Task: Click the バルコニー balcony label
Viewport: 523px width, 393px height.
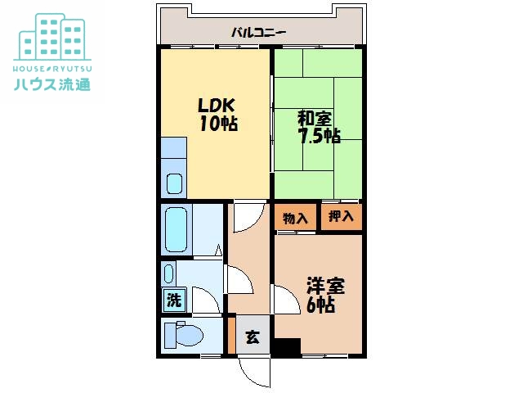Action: [259, 33]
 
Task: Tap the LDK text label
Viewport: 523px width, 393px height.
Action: [217, 106]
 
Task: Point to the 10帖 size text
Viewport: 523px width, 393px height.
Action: [219, 124]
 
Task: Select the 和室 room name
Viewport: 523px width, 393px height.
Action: [315, 119]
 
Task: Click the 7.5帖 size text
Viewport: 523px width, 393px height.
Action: [320, 136]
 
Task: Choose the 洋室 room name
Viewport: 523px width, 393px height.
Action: [325, 286]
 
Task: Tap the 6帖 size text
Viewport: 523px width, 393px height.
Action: [320, 305]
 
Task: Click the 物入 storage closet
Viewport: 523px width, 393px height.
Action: [295, 218]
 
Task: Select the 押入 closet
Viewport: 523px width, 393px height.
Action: [342, 217]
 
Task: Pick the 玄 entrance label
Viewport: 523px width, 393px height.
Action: [253, 337]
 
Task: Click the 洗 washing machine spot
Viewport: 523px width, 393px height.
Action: [174, 300]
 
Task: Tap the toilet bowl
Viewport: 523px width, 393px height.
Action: [189, 336]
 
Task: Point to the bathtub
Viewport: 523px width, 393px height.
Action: [177, 229]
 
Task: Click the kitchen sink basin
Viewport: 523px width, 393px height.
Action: [174, 183]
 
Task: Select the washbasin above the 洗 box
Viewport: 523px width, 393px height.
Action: [169, 273]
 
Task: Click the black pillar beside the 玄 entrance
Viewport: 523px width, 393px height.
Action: [287, 346]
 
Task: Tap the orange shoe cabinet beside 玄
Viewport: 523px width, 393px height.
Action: [232, 335]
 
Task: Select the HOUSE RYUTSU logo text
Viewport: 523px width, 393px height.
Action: [52, 69]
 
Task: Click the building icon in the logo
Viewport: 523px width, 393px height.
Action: [52, 37]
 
